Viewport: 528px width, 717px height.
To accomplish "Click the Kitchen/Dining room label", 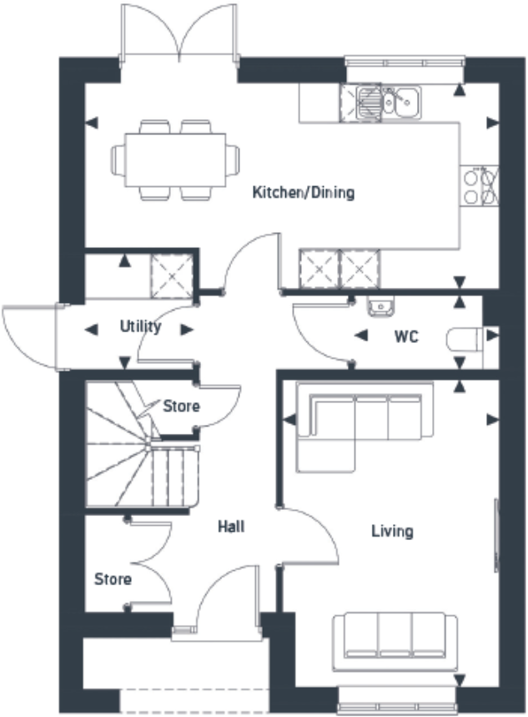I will click(x=304, y=193).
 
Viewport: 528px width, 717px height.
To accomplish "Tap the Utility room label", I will click(x=140, y=326).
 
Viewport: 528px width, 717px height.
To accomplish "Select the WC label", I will click(x=405, y=337).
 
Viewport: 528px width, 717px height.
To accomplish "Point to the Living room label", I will click(x=391, y=531).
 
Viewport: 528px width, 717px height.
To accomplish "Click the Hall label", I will click(x=231, y=527).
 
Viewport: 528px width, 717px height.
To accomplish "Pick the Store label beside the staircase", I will click(x=181, y=406).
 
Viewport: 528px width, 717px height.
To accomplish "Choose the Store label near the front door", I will click(x=113, y=578).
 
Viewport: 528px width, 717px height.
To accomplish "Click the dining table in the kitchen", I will click(x=175, y=159).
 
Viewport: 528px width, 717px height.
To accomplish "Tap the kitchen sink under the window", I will click(x=389, y=102).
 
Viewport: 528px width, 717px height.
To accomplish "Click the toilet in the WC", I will click(x=465, y=338).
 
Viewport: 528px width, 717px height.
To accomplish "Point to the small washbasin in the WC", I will click(x=381, y=305).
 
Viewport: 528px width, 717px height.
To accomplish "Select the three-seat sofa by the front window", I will click(x=395, y=642).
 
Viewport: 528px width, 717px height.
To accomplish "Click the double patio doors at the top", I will click(x=179, y=33).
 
